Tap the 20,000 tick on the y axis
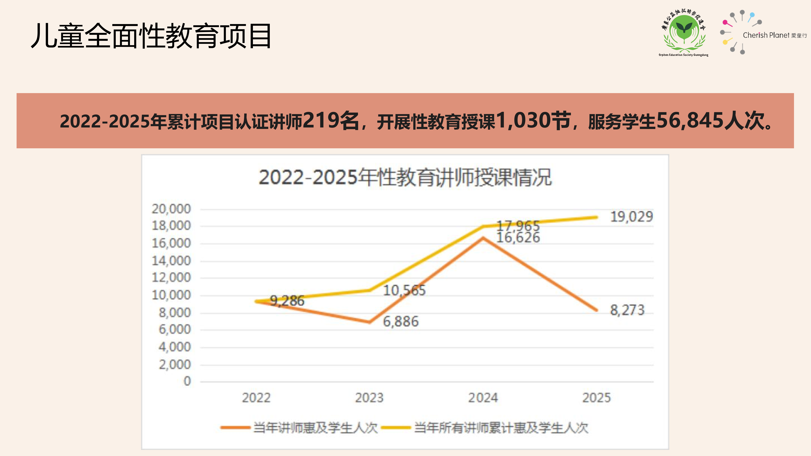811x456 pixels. (x=171, y=209)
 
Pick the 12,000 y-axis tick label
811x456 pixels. (x=171, y=278)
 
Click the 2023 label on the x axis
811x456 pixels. (x=369, y=398)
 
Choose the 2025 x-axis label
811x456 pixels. (x=596, y=398)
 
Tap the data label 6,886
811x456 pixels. (x=400, y=321)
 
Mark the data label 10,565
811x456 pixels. (x=404, y=290)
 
